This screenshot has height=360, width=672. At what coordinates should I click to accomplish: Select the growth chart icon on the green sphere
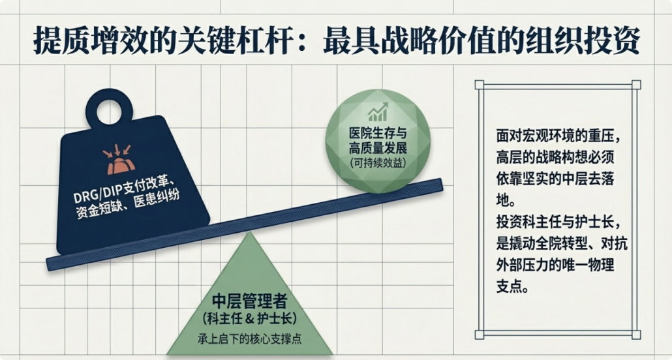click(x=376, y=113)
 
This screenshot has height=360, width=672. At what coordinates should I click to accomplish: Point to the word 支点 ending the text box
click(x=511, y=286)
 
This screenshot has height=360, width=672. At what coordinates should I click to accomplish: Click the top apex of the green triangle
click(x=246, y=232)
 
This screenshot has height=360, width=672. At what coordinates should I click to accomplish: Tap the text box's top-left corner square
click(x=479, y=84)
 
